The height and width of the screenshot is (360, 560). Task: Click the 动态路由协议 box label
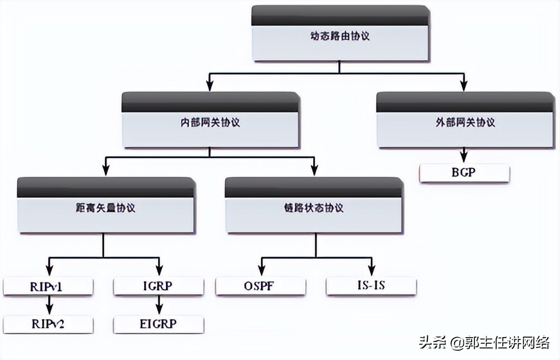(339, 37)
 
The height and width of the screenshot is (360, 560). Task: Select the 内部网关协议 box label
(210, 122)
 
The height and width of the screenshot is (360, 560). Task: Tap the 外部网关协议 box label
(465, 122)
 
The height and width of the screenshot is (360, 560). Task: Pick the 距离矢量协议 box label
(105, 208)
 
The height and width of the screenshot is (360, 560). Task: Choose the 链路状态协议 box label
(314, 208)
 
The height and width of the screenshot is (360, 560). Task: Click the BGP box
(464, 173)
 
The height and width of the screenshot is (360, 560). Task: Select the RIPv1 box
(48, 285)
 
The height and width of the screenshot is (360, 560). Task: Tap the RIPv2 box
(48, 324)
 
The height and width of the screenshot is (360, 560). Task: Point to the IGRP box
(158, 285)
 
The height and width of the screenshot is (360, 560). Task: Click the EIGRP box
(158, 324)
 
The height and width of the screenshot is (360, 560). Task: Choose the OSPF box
(261, 285)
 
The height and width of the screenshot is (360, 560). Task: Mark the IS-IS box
(371, 285)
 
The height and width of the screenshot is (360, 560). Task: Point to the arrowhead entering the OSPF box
(261, 271)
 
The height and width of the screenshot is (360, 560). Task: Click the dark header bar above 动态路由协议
(339, 15)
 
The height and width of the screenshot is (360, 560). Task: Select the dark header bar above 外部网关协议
(465, 101)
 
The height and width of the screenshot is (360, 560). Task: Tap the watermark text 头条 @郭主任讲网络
(485, 343)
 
